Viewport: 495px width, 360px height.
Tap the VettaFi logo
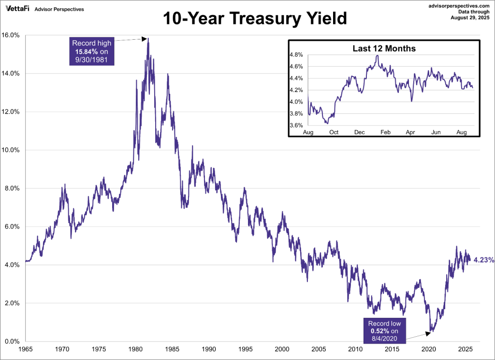tap(17, 9)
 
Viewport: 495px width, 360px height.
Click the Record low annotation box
tap(384, 330)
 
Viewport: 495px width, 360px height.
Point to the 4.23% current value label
tap(483, 260)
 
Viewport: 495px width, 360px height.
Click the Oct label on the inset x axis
tap(334, 132)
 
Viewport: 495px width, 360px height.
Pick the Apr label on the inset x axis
tap(410, 132)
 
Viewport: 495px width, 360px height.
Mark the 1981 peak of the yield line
tap(148, 38)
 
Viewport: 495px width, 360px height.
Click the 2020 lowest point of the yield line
tap(431, 331)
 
